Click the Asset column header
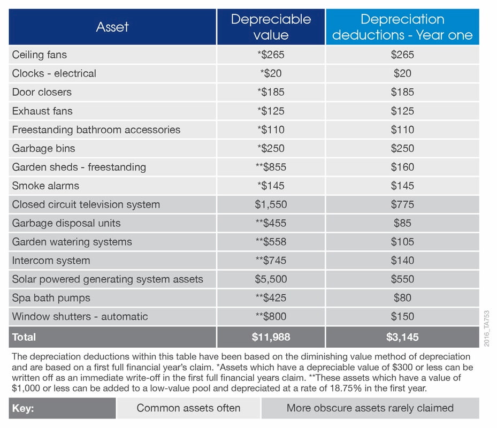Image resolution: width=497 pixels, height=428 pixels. click(112, 27)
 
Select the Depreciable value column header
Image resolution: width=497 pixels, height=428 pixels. click(271, 27)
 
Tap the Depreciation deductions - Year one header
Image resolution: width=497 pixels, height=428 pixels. click(402, 27)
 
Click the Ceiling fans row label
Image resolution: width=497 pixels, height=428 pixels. click(40, 55)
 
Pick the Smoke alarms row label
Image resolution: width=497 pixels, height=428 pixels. click(45, 186)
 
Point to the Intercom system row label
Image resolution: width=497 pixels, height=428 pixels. click(51, 261)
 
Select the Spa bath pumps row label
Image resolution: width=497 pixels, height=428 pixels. click(51, 298)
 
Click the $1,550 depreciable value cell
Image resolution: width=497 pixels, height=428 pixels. click(271, 204)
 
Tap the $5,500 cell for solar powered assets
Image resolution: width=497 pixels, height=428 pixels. click(271, 279)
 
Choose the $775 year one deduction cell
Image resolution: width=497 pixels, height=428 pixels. click(402, 204)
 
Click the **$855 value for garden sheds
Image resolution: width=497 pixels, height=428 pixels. click(271, 167)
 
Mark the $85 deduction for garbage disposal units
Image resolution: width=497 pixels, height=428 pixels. click(402, 223)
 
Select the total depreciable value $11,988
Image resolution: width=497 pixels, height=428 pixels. click(271, 337)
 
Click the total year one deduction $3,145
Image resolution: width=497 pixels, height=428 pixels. click(402, 337)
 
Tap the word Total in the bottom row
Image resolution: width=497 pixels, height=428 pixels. click(24, 337)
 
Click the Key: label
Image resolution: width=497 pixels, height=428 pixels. click(23, 408)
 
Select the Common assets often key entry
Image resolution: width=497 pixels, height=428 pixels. click(188, 408)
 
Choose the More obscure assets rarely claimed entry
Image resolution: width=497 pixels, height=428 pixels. click(370, 408)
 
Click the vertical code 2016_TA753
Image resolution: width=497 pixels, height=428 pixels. click(487, 328)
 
